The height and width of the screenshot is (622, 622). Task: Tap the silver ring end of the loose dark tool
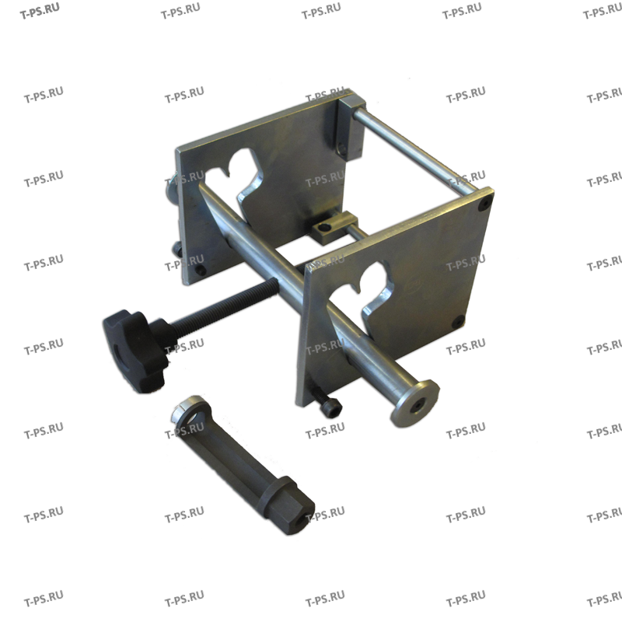click(x=187, y=411)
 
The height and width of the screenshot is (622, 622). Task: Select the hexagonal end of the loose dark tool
click(x=293, y=505)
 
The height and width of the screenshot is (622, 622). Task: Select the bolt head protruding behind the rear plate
click(x=169, y=189)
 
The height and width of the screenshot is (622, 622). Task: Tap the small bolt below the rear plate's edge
click(x=176, y=248)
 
